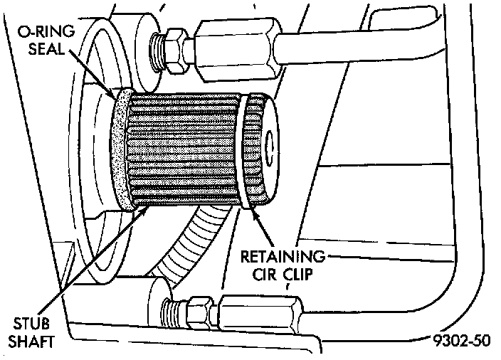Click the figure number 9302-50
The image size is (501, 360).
(x=460, y=341)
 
